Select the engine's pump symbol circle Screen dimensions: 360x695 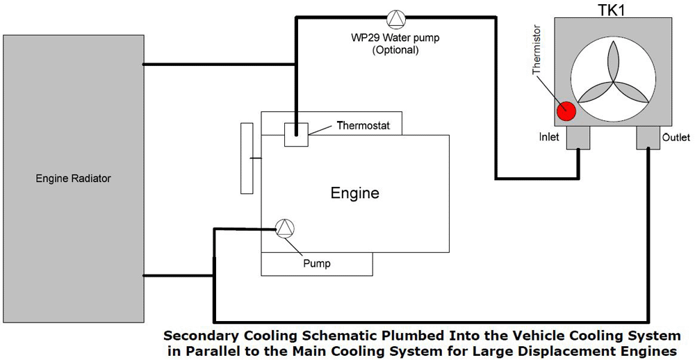coord(285,229)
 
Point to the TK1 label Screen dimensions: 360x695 coord(612,10)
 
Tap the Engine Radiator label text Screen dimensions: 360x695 coord(73,179)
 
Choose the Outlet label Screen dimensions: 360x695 coord(676,137)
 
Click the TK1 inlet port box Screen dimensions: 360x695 coord(578,138)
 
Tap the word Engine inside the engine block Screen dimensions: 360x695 coord(354,193)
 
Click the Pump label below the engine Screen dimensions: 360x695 coord(316,263)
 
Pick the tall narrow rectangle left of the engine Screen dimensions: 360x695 coord(247,158)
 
